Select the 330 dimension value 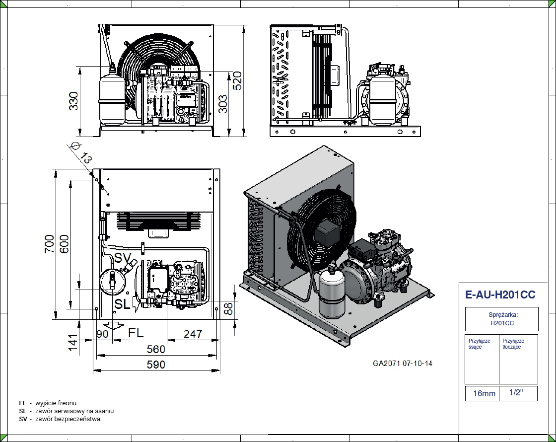point(73,101)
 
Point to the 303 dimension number point(223,104)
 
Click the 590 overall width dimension point(155,365)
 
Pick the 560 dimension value point(155,350)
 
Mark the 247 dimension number point(193,334)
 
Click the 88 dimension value point(228,309)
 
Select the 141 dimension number point(72,342)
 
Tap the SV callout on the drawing point(123,257)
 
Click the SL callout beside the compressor point(123,303)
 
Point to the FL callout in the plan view point(136,333)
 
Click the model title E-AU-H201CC point(500,295)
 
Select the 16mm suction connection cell point(484,394)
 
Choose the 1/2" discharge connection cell point(516,393)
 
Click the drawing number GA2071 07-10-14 point(403,364)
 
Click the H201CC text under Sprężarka point(501,323)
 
